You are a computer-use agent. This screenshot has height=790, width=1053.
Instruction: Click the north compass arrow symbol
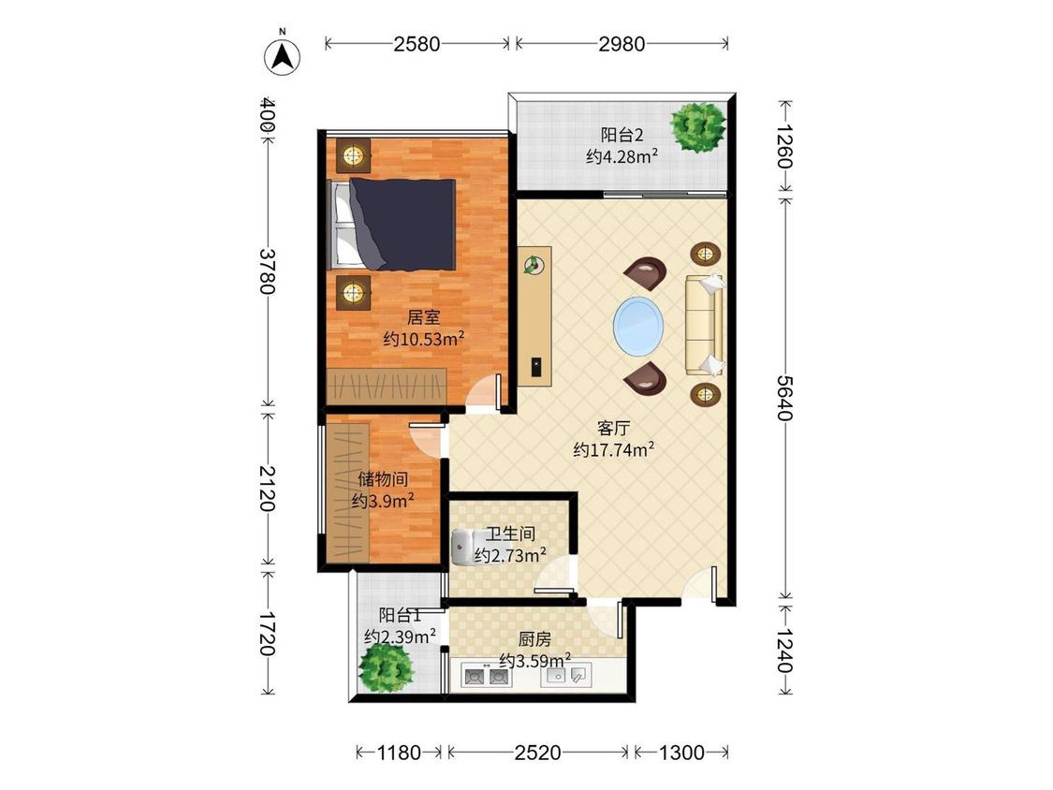(x=283, y=56)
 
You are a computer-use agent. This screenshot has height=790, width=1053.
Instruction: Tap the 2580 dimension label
(x=417, y=44)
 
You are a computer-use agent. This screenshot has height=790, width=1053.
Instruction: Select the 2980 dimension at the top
(x=622, y=44)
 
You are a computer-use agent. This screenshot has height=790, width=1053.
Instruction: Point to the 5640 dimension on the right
(x=785, y=398)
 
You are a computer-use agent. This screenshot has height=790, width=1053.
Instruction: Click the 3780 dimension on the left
(x=268, y=271)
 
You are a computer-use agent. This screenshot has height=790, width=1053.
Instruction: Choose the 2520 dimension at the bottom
(x=538, y=753)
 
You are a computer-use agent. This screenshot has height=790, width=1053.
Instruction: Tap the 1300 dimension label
(x=681, y=753)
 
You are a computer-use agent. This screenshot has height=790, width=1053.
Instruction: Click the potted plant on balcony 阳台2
(x=698, y=126)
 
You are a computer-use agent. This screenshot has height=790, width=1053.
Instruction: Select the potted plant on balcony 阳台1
(x=386, y=666)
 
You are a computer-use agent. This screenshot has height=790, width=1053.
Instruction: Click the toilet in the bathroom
(x=462, y=547)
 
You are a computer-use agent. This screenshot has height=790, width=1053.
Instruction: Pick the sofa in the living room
(x=705, y=325)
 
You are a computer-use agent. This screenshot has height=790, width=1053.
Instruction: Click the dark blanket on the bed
(x=402, y=225)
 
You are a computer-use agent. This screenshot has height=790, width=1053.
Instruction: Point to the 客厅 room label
(x=614, y=429)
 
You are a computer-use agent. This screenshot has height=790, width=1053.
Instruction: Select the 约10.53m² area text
(x=424, y=339)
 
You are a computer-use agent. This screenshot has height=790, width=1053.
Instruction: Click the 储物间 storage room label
(x=383, y=479)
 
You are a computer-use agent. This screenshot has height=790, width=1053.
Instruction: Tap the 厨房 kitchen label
(x=534, y=639)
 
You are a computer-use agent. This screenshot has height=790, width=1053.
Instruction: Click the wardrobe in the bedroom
(x=387, y=387)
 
